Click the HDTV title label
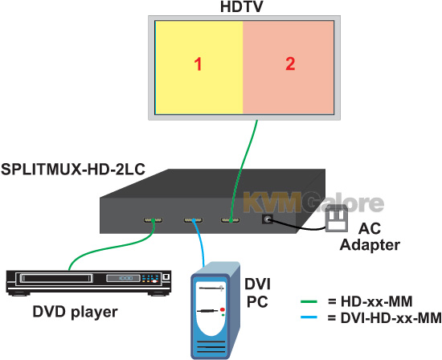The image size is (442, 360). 241,6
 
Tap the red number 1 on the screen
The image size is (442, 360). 198,64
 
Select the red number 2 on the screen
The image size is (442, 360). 290,63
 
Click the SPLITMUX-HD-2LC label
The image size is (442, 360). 73,169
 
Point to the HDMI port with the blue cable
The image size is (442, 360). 194,220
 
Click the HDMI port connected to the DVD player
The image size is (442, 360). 153,220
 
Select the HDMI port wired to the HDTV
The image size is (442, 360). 231,220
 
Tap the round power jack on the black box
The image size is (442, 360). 268,219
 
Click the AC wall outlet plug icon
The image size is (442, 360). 336,219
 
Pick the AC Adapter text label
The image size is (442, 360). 370,237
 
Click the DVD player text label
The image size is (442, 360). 75,312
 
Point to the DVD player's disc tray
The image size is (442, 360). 56,278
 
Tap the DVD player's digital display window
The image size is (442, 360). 123,278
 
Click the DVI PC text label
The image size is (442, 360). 257,292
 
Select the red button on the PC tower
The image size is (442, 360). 223,309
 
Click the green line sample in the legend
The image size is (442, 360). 309,301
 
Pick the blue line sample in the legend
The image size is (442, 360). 309,317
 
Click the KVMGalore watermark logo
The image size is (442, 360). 313,202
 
